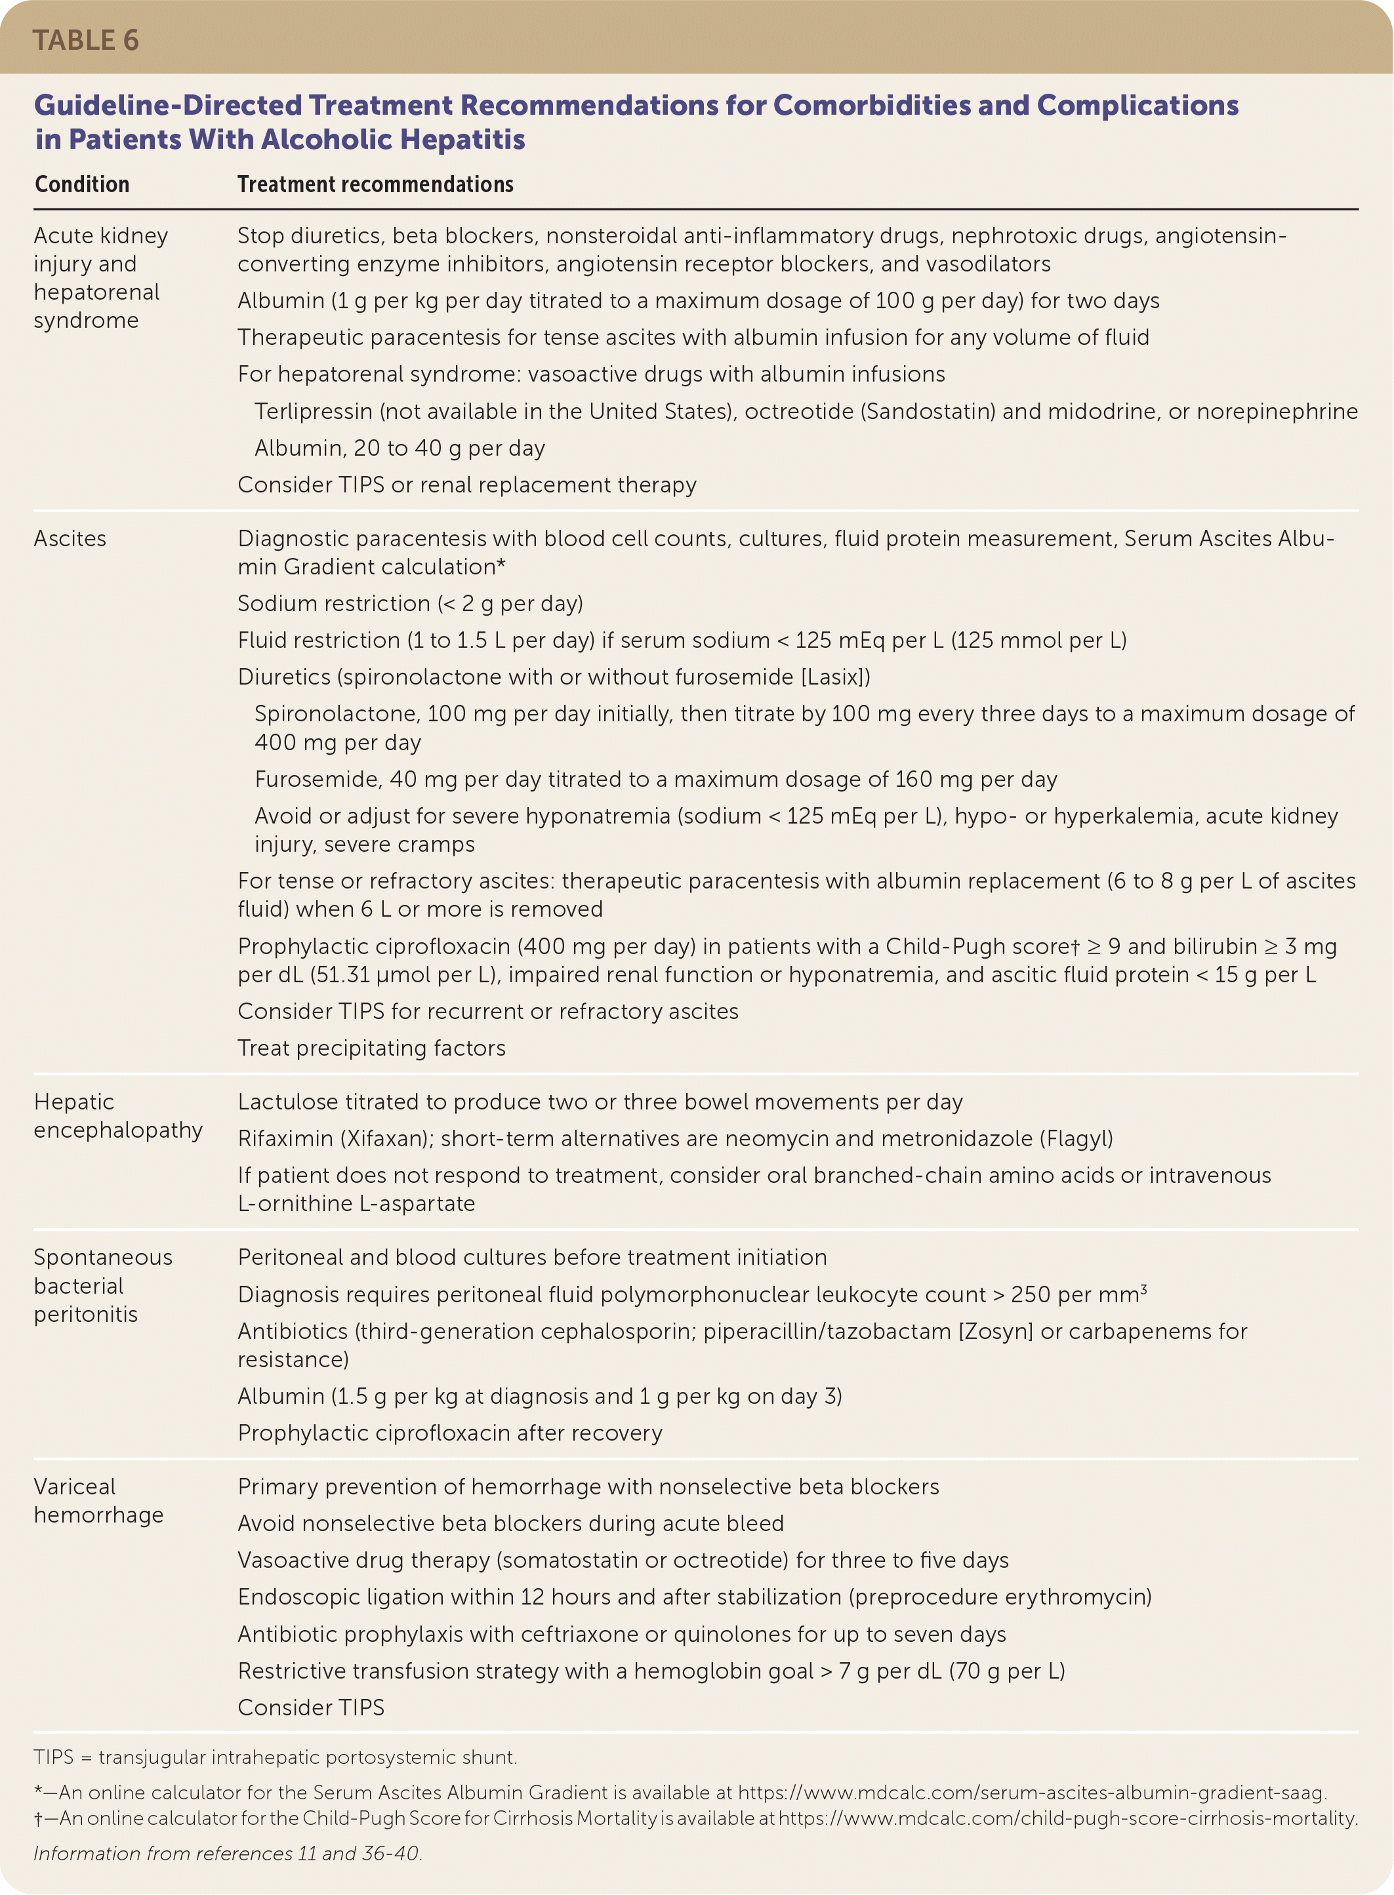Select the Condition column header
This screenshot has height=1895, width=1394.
pos(82,185)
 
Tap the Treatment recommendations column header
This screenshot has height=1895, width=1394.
pos(375,185)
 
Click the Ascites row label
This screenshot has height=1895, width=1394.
pos(70,539)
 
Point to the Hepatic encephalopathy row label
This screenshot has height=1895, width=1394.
pos(117,1116)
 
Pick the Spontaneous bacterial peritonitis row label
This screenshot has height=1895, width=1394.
pos(102,1285)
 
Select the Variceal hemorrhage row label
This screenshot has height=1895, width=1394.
pos(98,1500)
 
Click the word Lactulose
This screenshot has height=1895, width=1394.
pos(282,1102)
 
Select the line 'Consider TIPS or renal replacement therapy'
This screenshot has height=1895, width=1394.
pos(466,485)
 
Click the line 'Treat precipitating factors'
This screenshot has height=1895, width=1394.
pos(371,1048)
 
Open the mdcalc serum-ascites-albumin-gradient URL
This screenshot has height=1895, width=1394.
pos(1032,1793)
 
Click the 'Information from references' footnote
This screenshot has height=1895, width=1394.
pos(227,1853)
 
